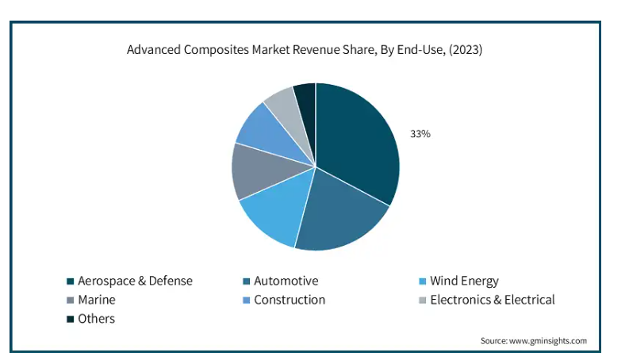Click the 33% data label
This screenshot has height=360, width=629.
[420, 134]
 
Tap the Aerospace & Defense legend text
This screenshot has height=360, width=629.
[135, 281]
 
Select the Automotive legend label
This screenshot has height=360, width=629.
[286, 281]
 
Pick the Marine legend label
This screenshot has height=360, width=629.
[96, 300]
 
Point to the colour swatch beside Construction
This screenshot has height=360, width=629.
[246, 301]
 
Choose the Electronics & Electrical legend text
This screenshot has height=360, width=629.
[492, 300]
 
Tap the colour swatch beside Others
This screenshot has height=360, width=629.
[70, 319]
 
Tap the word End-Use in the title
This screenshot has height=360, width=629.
[418, 50]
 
